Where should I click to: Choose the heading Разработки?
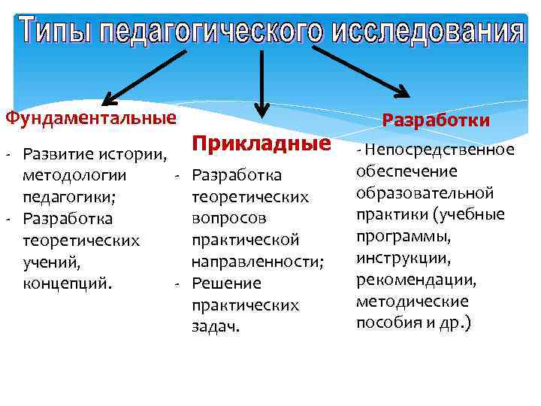(x=436, y=120)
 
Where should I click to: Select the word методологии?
(x=75, y=176)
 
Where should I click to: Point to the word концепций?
(x=68, y=285)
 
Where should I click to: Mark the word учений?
(x=52, y=263)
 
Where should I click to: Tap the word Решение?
(x=226, y=283)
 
